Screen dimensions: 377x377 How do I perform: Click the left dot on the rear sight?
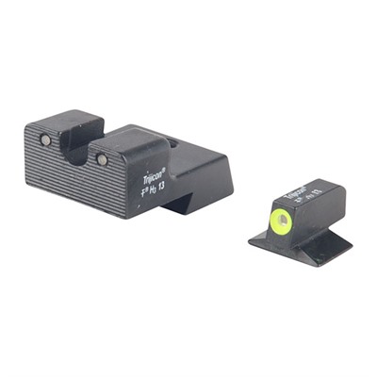[x=44, y=140]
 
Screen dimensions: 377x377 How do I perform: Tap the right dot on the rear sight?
[x=102, y=159]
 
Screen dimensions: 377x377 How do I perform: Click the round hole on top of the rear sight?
[x=172, y=142]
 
